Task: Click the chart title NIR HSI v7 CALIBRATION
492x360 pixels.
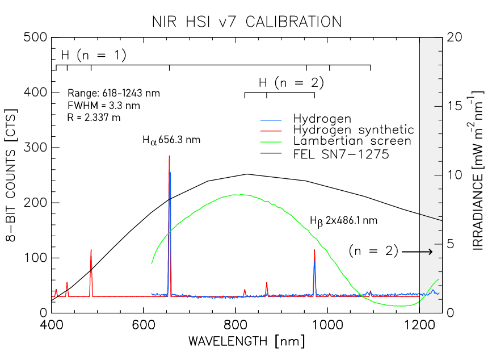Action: coord(246,22)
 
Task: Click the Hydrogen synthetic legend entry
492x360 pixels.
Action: coord(354,129)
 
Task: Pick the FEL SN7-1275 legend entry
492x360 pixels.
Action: coord(341,153)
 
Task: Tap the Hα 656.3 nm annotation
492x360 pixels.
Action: coord(171,139)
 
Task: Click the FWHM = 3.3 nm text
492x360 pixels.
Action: coord(103,105)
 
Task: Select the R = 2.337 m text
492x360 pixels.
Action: coord(94,118)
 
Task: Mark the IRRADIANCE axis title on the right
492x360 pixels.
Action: coord(478,175)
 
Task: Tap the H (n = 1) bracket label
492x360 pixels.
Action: coord(93,55)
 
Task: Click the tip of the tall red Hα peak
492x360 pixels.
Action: coord(169,156)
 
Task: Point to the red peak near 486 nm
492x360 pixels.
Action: coord(91,250)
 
